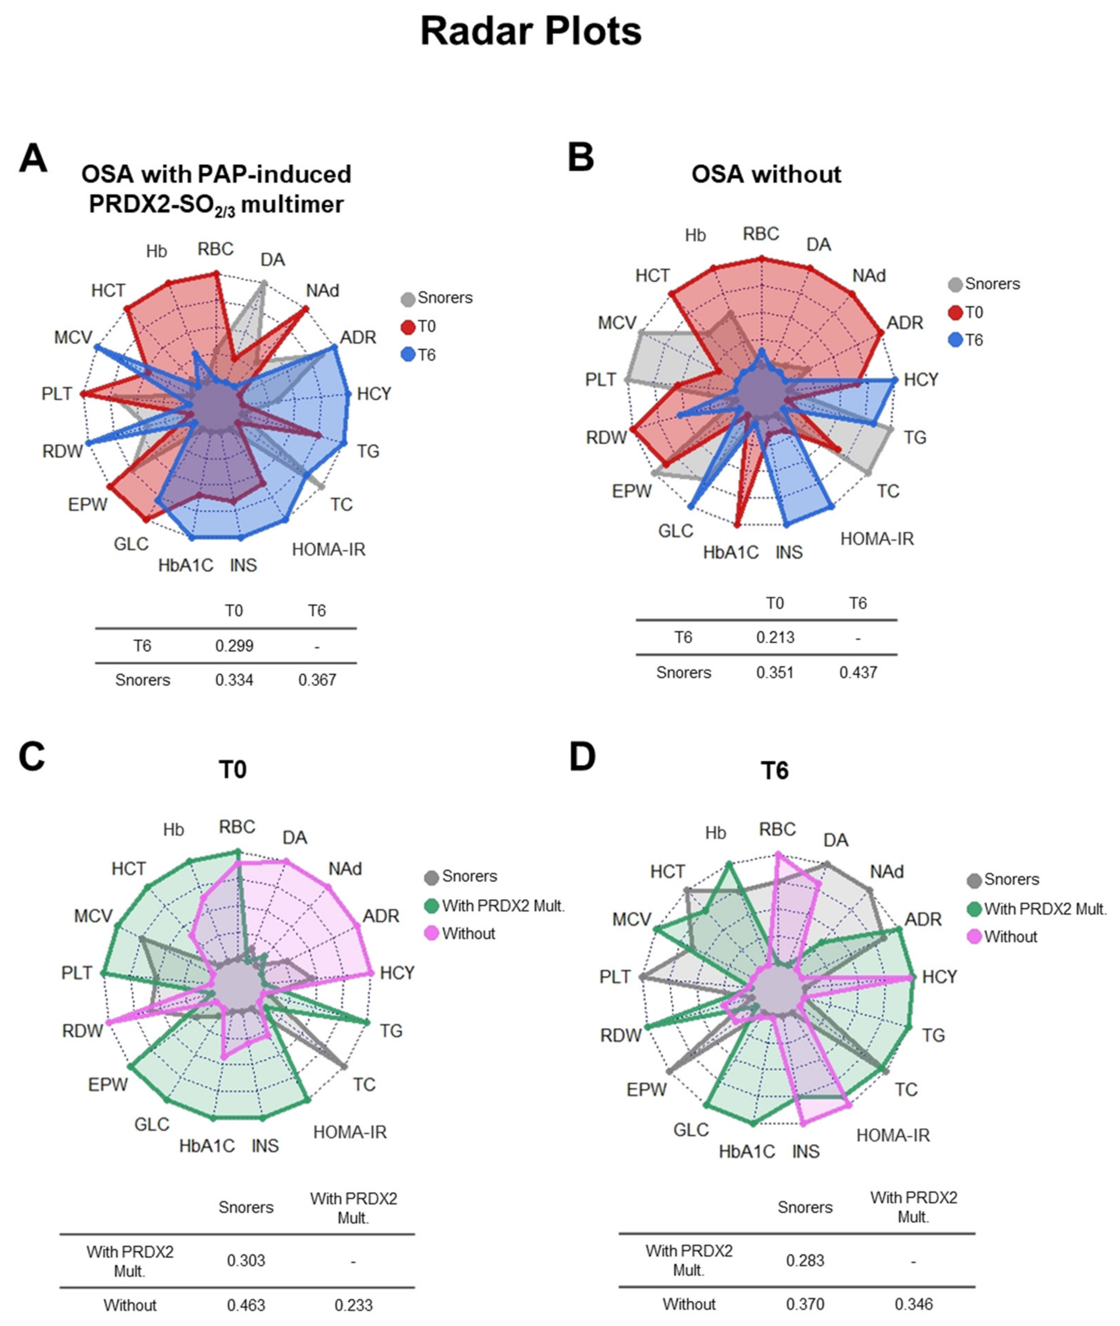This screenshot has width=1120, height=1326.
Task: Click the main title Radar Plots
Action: click(x=531, y=31)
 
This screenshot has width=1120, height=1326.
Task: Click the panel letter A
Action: click(x=33, y=159)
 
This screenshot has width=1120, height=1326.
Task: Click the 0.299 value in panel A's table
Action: click(x=234, y=646)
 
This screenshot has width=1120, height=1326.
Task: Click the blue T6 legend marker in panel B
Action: click(x=955, y=340)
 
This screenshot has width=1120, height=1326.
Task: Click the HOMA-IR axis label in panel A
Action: click(x=328, y=549)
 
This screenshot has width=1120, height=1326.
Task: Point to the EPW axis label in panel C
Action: click(x=108, y=1084)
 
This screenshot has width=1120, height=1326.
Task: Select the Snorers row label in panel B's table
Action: click(x=683, y=672)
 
